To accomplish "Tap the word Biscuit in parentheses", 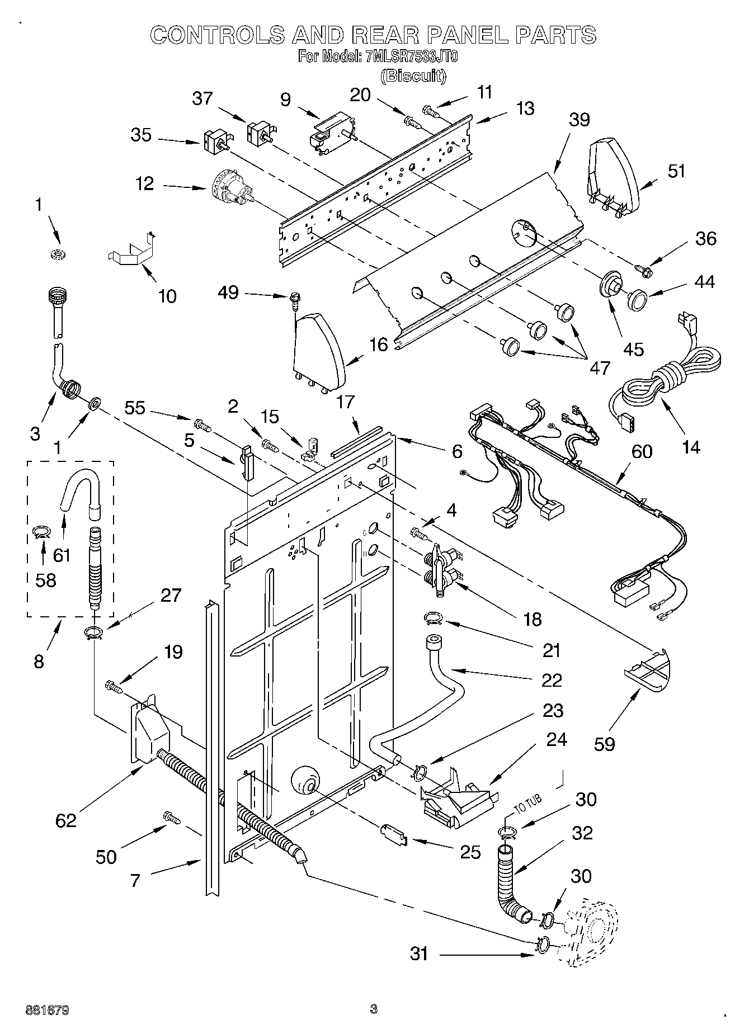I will (x=413, y=75).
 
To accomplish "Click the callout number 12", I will (x=145, y=183).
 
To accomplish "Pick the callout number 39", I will (x=580, y=119).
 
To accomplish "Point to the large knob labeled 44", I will (x=637, y=299).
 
